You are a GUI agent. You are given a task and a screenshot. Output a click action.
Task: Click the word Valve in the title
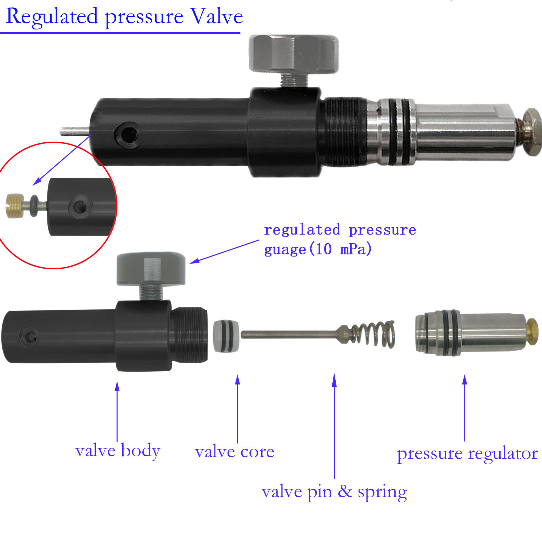click(x=216, y=16)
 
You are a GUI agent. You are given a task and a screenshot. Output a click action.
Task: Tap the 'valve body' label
click(x=118, y=451)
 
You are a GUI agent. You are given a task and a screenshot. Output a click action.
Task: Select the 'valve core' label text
click(x=234, y=452)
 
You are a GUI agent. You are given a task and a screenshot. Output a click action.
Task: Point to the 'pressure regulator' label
click(x=467, y=453)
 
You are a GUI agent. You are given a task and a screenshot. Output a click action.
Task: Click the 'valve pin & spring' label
click(x=334, y=492)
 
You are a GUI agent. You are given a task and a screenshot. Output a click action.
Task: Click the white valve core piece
click(x=226, y=335)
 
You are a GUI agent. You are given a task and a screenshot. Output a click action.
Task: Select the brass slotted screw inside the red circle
click(x=15, y=206)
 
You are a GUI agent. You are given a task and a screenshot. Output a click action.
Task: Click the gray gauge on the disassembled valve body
click(x=151, y=268)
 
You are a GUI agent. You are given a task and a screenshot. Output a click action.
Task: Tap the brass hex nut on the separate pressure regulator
click(x=532, y=332)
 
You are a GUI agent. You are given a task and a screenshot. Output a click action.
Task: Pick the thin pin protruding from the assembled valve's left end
click(x=75, y=131)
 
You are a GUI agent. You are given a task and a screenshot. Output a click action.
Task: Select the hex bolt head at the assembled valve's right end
click(x=530, y=131)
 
